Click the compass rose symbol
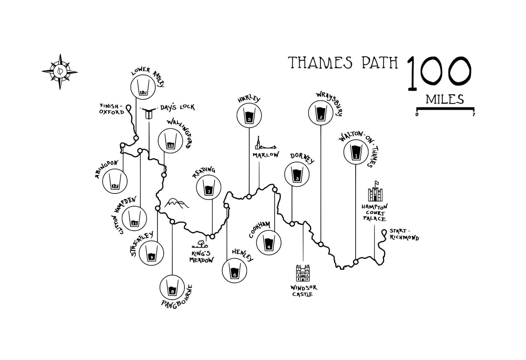pos(60,72)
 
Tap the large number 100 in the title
pos(439,73)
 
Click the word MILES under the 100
pos(445,100)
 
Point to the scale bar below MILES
pos(445,109)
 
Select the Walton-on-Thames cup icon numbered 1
pos(356,152)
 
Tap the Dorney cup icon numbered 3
pos(296,174)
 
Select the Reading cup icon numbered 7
pos(208,186)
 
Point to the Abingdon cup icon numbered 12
pos(115,182)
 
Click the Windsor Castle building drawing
pos(303,273)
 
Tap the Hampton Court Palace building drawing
pos(375,193)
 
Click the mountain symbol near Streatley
pos(176,203)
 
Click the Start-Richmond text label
pos(404,234)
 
